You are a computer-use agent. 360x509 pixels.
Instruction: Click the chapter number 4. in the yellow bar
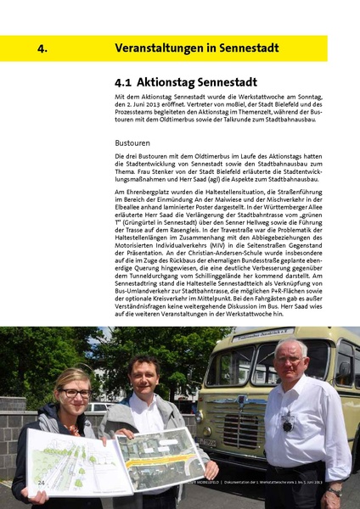click(41, 48)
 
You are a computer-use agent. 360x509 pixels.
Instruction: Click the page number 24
click(41, 482)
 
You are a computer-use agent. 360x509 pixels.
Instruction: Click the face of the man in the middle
click(143, 378)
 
